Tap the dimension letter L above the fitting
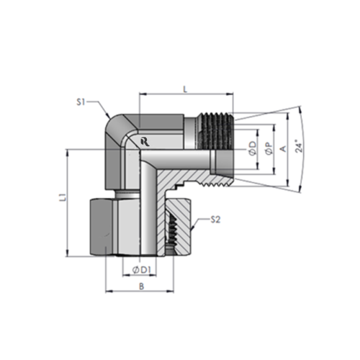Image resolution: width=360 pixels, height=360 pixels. tap(186, 88)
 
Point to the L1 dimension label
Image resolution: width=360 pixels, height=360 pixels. tap(62, 196)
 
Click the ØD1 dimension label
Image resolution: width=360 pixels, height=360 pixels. tap(141, 269)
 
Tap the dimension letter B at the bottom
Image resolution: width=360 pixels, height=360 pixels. tap(142, 287)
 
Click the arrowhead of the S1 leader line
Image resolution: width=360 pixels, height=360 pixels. tap(111, 117)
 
